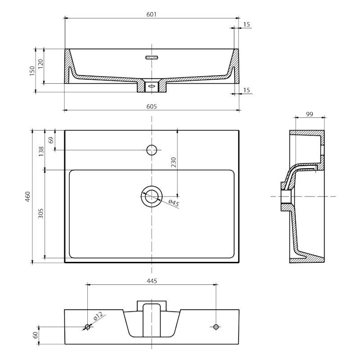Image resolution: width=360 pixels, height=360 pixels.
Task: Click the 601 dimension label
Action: (x=151, y=14)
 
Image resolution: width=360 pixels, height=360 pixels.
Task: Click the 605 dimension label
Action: (x=151, y=106)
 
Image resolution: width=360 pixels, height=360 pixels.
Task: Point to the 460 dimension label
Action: (x=28, y=196)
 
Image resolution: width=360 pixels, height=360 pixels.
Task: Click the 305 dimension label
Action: (x=41, y=214)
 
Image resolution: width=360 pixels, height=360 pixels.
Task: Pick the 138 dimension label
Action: (x=41, y=151)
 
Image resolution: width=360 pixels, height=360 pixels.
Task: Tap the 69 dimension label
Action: (x=50, y=140)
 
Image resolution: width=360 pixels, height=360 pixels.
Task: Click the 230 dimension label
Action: (x=173, y=162)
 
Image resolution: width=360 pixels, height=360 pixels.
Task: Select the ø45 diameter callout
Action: (x=174, y=203)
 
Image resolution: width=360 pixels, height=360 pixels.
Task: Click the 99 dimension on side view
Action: (x=309, y=114)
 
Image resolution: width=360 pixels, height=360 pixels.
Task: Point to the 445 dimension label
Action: (x=151, y=281)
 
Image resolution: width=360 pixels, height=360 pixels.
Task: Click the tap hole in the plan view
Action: (x=152, y=149)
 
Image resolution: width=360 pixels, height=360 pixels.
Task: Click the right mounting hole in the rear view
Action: (x=216, y=326)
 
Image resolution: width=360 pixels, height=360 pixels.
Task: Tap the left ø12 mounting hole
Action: (x=88, y=326)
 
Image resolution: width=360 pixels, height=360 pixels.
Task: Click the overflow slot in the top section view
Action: (x=152, y=57)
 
